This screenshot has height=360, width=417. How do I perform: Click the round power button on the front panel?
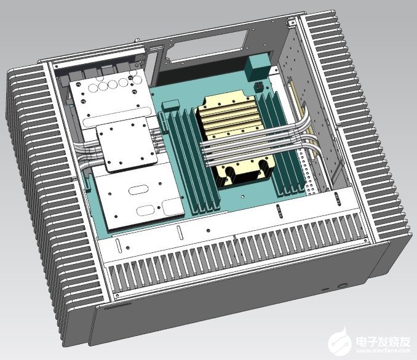342,286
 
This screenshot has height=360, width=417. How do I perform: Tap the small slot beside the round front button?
325,289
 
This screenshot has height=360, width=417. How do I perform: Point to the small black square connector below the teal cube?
260,87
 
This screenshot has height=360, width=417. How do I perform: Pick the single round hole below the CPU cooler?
242,197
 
